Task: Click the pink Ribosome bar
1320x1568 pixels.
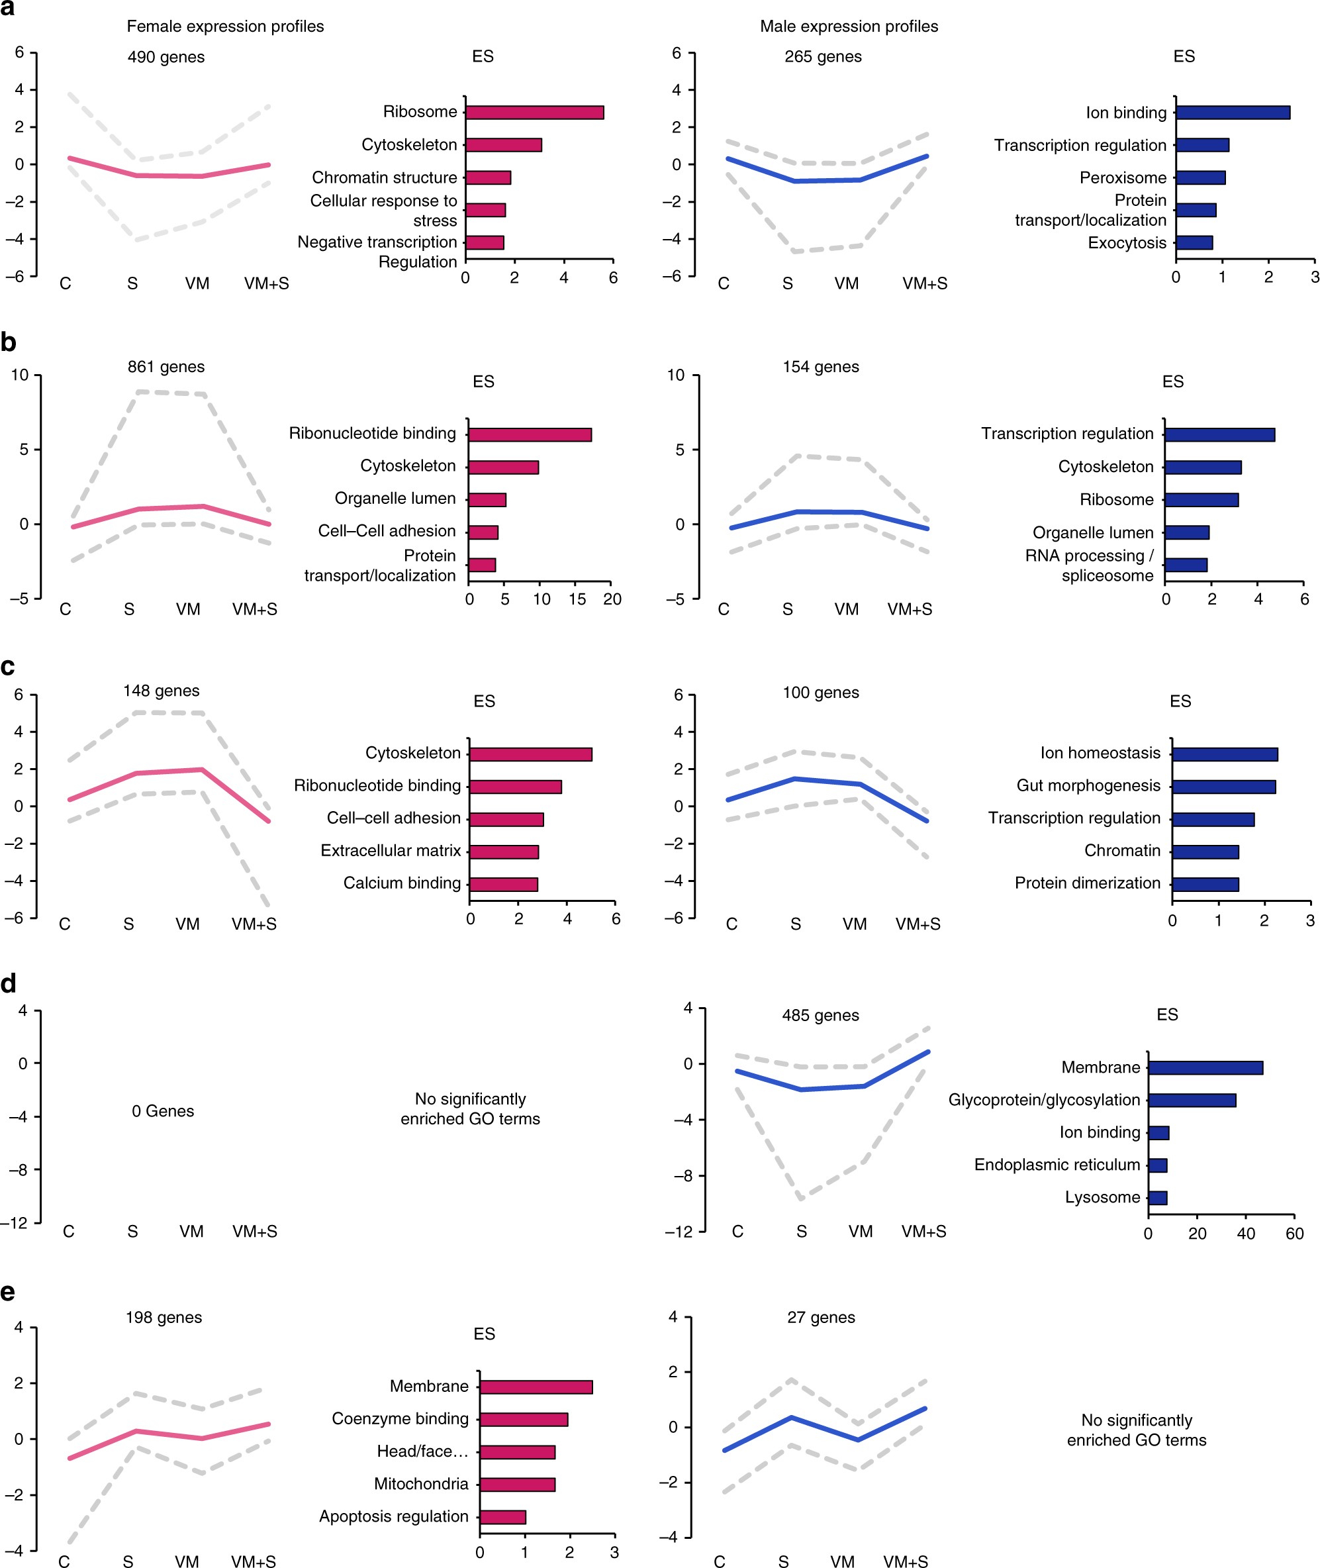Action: coord(534,113)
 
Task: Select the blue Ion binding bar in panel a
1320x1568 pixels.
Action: coord(1233,113)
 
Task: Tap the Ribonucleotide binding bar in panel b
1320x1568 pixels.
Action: coord(530,434)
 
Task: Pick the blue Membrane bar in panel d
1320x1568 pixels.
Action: coord(1205,1067)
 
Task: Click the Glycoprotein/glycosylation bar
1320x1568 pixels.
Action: coord(1192,1099)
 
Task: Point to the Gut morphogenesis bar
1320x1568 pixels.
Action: coord(1223,787)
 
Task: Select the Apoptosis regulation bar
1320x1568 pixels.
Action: coord(503,1516)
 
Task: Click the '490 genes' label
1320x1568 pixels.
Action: coord(166,57)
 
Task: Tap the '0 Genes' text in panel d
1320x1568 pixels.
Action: coord(163,1110)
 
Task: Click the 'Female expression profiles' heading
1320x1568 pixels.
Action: coord(225,26)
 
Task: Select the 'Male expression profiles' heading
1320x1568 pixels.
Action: coord(849,26)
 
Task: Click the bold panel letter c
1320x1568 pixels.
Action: coord(8,666)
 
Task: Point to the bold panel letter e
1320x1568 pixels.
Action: coord(8,1292)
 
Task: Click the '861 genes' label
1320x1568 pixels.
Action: coord(166,367)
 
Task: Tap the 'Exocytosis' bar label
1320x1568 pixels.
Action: coord(1127,242)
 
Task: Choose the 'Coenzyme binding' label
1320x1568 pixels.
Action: coord(401,1418)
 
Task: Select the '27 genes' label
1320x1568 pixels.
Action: coord(821,1317)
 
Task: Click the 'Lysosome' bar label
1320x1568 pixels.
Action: coord(1102,1197)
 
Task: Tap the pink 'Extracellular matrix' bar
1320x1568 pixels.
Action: coord(504,852)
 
